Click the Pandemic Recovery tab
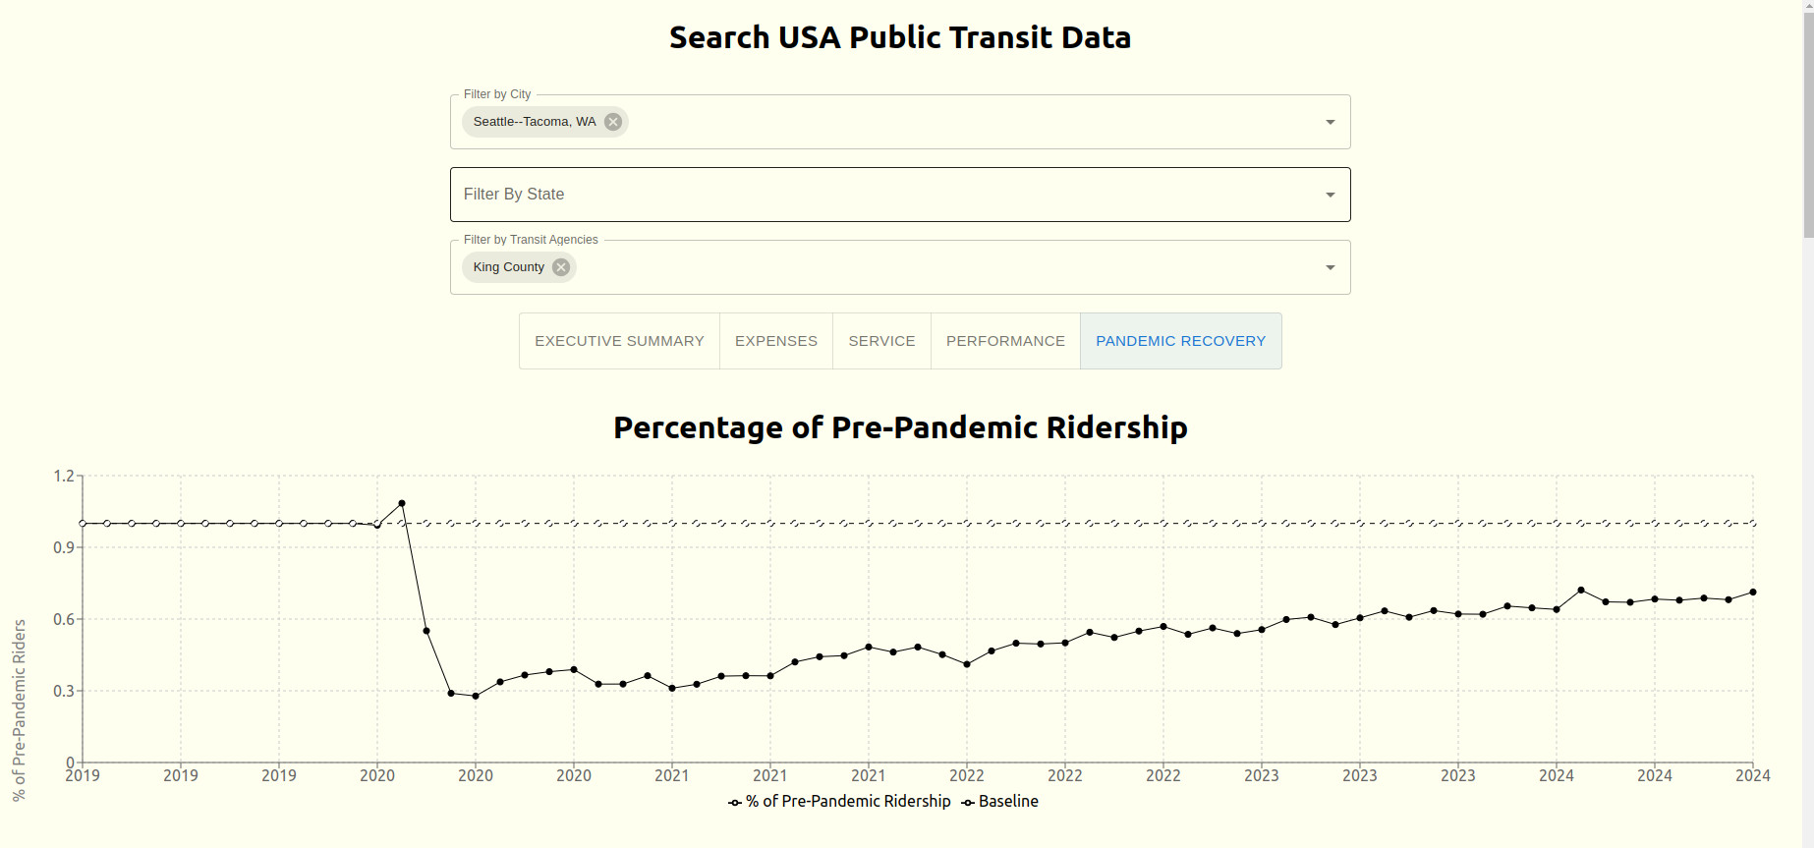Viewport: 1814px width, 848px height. tap(1180, 341)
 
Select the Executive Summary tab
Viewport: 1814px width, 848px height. tap(619, 341)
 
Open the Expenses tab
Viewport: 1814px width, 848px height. tap(775, 341)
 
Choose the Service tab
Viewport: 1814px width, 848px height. tap(881, 341)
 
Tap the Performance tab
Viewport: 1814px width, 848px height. tap(1005, 341)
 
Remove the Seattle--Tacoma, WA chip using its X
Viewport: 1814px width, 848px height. tap(613, 122)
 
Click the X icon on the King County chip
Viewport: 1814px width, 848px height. tap(561, 267)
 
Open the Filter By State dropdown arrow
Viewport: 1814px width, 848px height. tap(1330, 195)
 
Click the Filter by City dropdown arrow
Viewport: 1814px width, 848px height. tap(1330, 122)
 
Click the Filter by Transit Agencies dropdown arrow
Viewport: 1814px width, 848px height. tap(1330, 267)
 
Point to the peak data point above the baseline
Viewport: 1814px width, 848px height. tap(402, 503)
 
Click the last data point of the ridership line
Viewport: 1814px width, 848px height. tap(1753, 593)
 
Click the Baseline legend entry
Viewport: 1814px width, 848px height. tap(1000, 802)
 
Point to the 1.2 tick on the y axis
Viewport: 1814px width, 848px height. tap(64, 477)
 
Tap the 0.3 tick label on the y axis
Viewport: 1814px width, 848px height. tap(64, 692)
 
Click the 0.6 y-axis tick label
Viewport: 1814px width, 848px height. tap(64, 620)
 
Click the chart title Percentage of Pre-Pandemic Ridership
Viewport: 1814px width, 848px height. tap(900, 427)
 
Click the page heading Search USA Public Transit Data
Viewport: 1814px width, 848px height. tap(900, 37)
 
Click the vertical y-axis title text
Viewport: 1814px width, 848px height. tap(20, 709)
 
